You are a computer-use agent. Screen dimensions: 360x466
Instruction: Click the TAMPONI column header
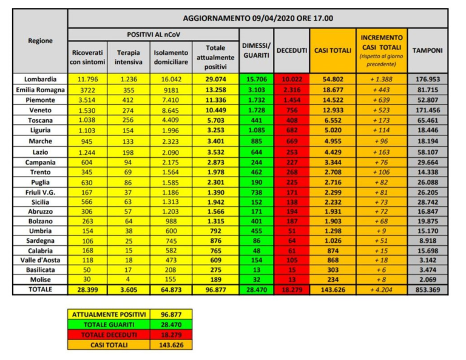428,50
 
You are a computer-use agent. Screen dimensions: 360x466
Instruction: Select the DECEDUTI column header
292,50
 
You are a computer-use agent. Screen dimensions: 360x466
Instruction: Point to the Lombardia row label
41,79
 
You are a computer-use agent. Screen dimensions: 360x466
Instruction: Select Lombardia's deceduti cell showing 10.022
292,79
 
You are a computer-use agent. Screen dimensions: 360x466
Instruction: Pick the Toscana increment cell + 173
381,120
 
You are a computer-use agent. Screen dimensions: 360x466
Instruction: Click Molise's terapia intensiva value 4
128,279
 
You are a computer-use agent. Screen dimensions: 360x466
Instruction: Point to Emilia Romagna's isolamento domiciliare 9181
171,89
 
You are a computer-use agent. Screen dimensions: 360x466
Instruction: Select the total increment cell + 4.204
381,290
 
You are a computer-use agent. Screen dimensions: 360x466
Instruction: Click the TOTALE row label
41,290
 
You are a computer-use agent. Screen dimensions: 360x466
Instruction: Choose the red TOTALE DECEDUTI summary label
108,334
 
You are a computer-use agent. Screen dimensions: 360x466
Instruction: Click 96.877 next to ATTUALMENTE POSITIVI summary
171,314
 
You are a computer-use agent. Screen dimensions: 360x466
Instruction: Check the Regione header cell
41,41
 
